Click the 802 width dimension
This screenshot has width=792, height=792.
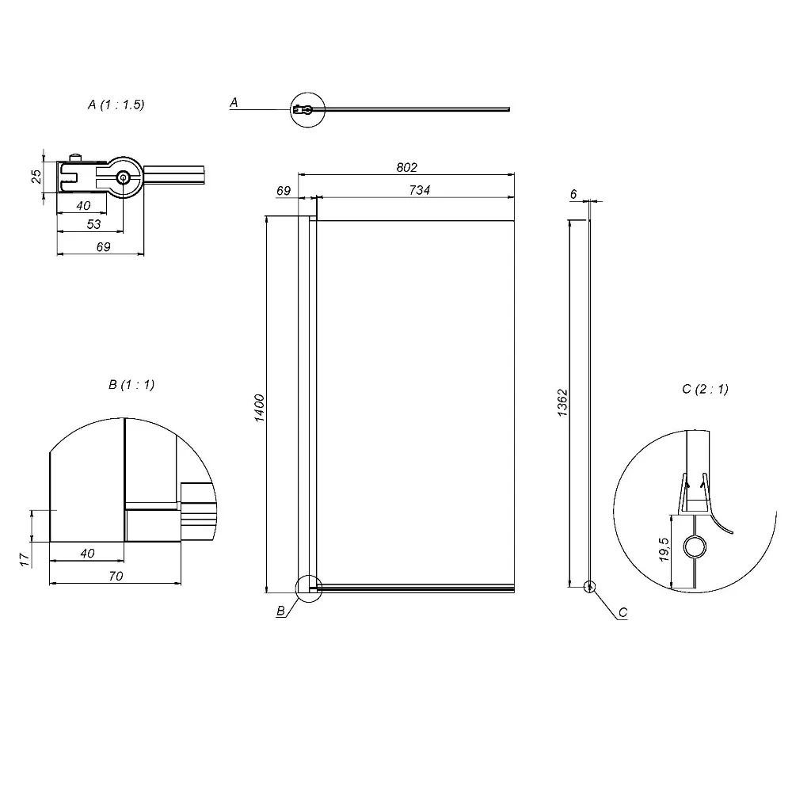pos(406,167)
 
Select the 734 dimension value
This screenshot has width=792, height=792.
pos(419,190)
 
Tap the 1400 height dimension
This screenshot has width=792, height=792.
pos(259,408)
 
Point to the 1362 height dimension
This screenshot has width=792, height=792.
pos(562,402)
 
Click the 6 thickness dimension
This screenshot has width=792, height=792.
pos(573,194)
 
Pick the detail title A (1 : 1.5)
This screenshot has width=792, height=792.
pos(116,105)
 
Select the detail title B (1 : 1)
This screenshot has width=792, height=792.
pos(131,385)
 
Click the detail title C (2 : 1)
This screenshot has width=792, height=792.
pos(705,389)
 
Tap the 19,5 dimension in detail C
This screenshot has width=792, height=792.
pos(664,550)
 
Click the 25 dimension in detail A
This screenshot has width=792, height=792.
pos(36,177)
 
